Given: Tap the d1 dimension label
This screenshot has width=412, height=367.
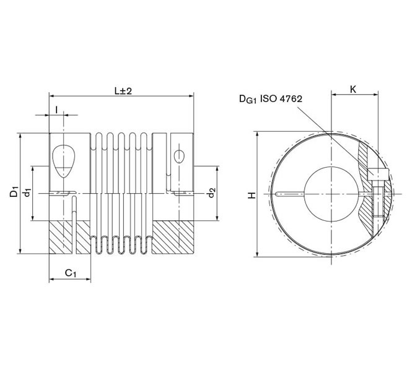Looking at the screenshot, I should (x=27, y=193).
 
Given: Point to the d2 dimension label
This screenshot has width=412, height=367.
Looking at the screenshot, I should (x=211, y=193).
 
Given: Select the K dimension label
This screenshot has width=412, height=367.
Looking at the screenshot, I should (x=353, y=89).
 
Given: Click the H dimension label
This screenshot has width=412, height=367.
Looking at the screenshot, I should (x=252, y=195).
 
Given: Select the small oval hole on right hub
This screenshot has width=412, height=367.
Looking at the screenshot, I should (x=180, y=155).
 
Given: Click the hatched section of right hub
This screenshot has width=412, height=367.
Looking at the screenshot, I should (x=173, y=238).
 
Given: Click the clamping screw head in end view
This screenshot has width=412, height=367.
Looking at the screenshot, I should (x=378, y=175).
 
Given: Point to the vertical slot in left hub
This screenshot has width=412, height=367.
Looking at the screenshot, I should (x=75, y=223).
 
